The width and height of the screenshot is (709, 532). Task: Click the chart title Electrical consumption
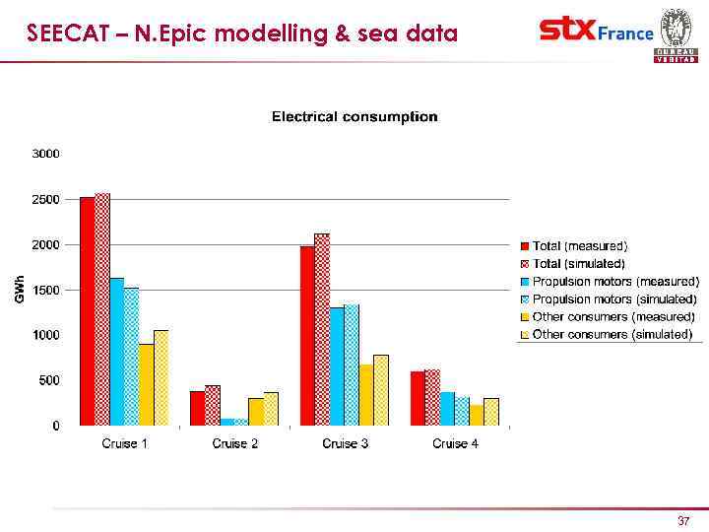[354, 117]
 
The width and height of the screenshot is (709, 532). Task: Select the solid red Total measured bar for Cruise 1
[87, 311]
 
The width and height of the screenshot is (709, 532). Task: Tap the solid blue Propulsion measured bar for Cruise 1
[116, 352]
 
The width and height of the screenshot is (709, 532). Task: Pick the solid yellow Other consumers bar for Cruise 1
[146, 385]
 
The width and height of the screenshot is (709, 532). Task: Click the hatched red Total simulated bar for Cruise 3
[322, 330]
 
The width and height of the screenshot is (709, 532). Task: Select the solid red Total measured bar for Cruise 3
[307, 336]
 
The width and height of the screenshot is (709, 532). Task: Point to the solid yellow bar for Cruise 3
[366, 395]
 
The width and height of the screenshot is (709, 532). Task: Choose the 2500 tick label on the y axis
[46, 199]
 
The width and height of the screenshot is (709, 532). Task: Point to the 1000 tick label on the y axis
[46, 335]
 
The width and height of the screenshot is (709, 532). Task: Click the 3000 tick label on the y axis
[46, 154]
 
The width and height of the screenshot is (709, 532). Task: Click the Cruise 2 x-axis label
[235, 444]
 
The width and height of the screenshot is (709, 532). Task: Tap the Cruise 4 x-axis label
[455, 444]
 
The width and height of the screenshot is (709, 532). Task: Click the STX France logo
[597, 32]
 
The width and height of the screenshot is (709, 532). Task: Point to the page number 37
[683, 520]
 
